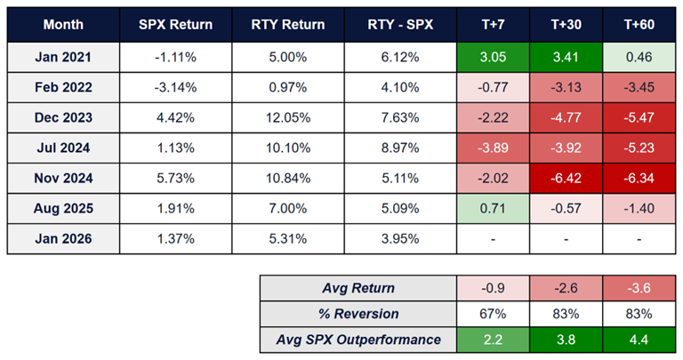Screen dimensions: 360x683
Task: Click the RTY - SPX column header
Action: [x=402, y=24]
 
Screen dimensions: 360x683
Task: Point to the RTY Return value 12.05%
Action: [x=288, y=117]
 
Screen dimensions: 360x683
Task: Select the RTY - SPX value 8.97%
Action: [x=402, y=148]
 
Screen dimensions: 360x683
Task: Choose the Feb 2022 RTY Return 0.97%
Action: [x=288, y=87]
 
